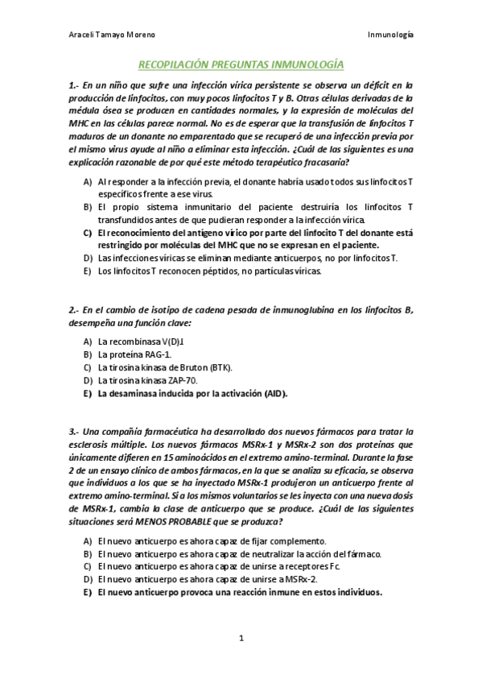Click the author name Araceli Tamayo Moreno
[x=110, y=35]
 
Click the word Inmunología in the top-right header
[x=390, y=35]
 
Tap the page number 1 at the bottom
[x=241, y=639]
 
